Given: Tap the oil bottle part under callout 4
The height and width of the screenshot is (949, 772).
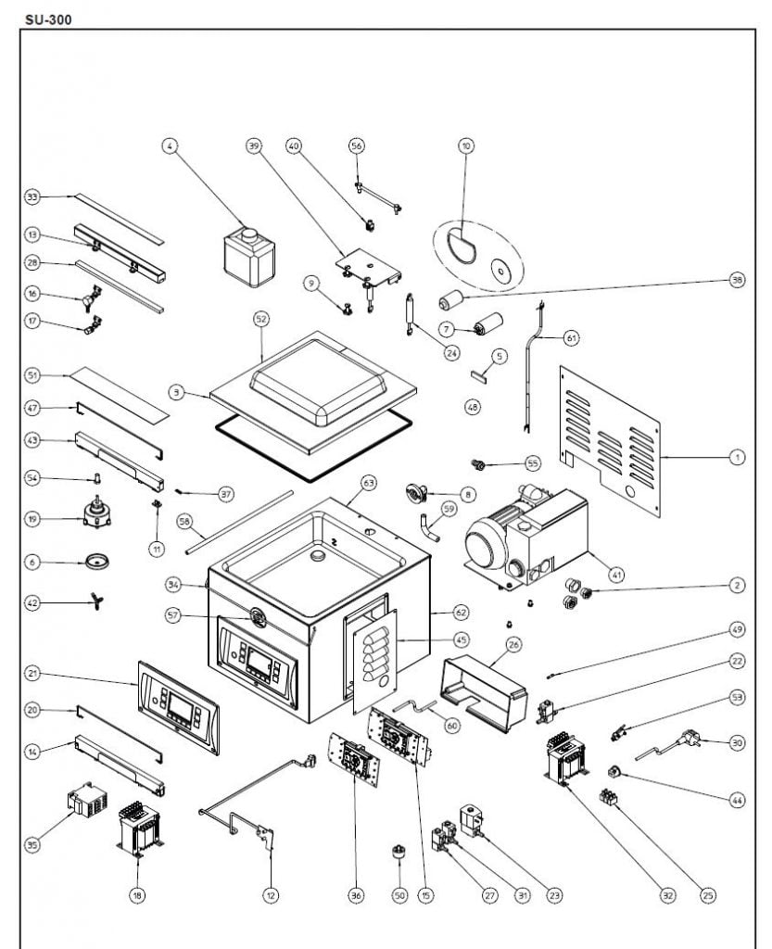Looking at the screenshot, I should (x=249, y=257).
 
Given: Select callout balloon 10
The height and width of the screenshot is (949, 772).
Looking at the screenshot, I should (x=466, y=146).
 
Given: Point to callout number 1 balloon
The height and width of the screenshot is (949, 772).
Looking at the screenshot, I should (x=738, y=457).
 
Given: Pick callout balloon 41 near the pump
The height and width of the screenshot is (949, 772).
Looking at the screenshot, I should (x=617, y=575).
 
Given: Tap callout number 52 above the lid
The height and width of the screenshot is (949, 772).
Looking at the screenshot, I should (x=261, y=318).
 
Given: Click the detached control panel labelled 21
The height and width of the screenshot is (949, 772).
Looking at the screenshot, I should (x=179, y=707).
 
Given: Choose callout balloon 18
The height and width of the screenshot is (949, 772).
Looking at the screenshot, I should (x=137, y=895).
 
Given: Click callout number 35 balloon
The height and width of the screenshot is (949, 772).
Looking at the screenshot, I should (x=32, y=844).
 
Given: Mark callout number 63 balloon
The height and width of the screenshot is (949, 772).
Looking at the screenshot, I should (x=369, y=483).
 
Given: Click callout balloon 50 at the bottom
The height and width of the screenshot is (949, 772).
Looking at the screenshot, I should (x=399, y=895).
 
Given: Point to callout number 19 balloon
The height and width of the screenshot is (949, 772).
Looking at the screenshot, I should (x=32, y=520).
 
